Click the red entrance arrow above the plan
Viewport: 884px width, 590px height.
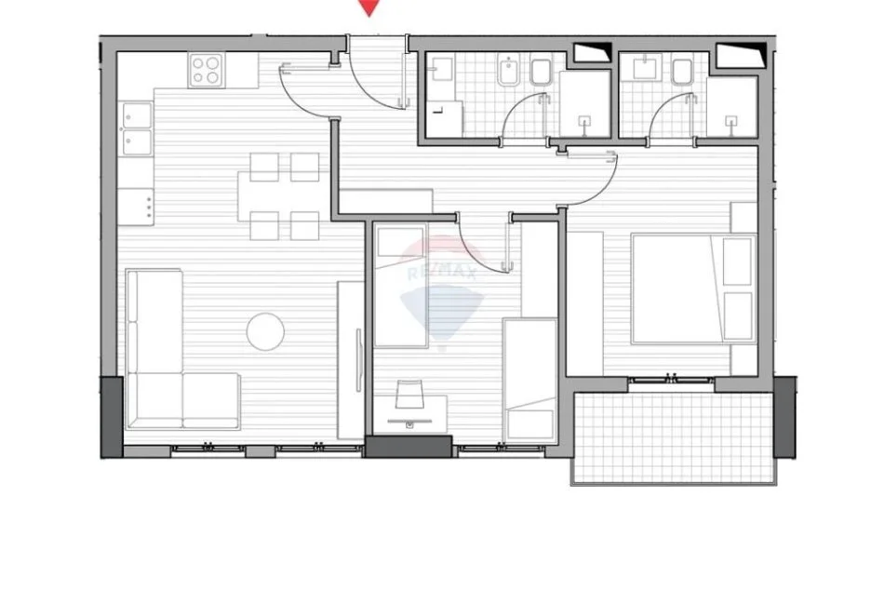click(370, 7)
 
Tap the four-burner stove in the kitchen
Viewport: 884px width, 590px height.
click(206, 70)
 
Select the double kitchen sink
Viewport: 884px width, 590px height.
click(136, 128)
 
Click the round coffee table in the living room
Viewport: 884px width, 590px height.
click(265, 330)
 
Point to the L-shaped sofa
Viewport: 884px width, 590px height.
click(167, 372)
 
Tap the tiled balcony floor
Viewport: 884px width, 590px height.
click(672, 437)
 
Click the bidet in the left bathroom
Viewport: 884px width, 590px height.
click(507, 73)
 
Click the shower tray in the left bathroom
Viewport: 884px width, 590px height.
click(584, 104)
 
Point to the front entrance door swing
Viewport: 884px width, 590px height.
click(372, 79)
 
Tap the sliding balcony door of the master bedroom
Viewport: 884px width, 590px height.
click(671, 379)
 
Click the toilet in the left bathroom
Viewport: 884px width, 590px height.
click(542, 73)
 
